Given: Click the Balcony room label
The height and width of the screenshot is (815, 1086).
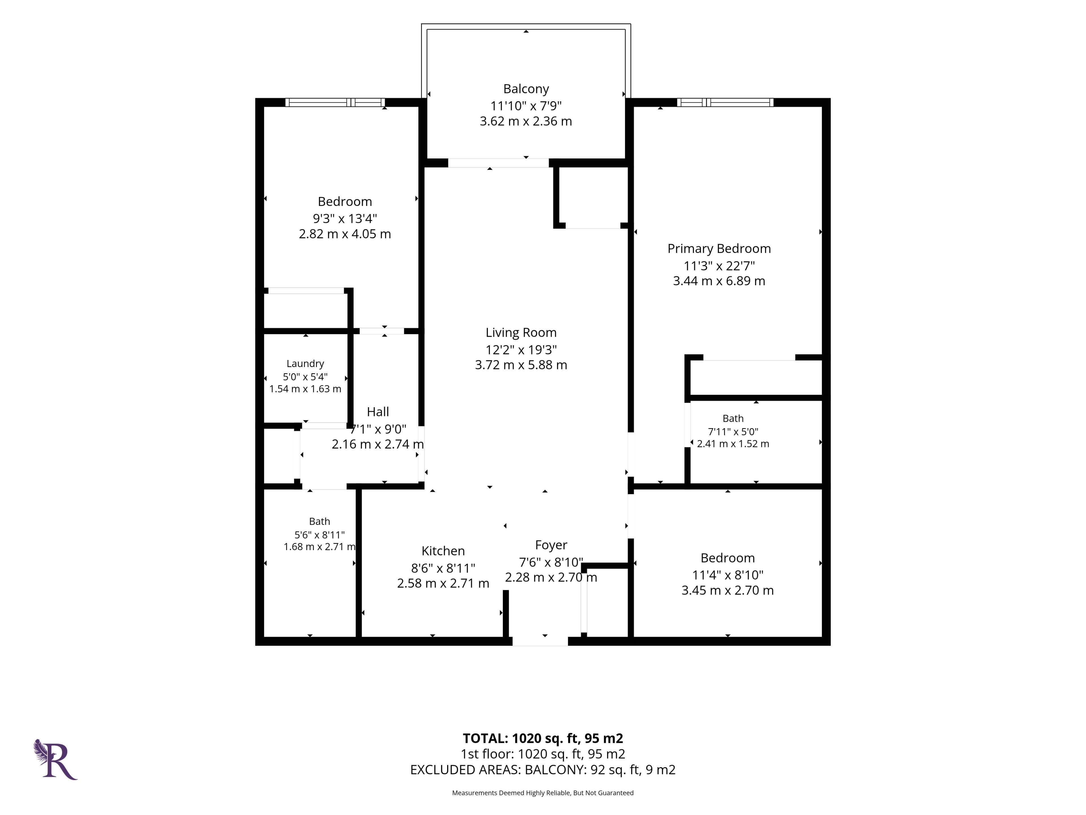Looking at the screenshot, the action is (x=526, y=89).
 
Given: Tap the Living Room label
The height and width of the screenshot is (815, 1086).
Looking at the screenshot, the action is (x=521, y=333).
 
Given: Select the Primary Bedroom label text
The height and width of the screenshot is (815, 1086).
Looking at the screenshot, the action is (x=719, y=248).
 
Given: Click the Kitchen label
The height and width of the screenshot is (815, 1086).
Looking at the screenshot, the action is (x=443, y=551).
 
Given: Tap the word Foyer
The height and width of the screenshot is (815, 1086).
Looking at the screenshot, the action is (x=551, y=545).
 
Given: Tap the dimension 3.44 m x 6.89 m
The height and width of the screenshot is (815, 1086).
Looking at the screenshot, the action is (x=719, y=281).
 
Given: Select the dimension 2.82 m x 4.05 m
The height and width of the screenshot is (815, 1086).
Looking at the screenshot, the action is (x=345, y=234).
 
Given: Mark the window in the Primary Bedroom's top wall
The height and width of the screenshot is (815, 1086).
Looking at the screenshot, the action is (x=725, y=102).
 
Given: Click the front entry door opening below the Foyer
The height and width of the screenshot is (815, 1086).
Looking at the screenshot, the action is (x=540, y=641).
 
